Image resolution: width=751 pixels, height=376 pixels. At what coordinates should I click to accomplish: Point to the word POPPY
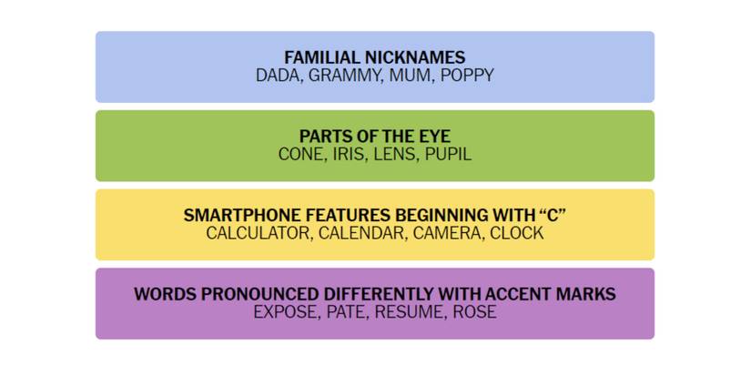(x=467, y=76)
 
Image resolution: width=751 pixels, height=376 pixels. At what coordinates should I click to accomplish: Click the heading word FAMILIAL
(x=322, y=57)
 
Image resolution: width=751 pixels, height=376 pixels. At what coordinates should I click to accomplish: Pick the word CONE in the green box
(x=299, y=154)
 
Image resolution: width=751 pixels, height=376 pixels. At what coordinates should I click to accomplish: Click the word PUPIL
(x=448, y=154)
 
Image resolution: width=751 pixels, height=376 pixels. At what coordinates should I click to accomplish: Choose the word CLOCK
(x=517, y=233)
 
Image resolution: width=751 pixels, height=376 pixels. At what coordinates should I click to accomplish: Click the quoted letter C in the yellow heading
(x=553, y=215)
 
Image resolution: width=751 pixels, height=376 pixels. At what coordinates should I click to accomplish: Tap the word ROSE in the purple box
(x=474, y=312)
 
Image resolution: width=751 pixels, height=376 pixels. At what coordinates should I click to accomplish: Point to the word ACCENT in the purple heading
(x=520, y=294)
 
